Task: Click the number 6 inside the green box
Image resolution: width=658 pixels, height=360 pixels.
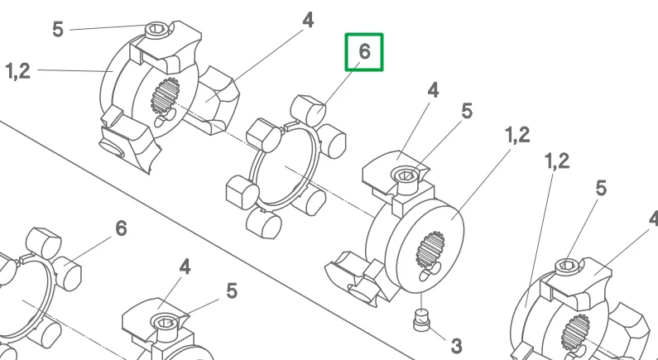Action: point(365,51)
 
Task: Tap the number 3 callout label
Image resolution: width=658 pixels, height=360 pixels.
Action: point(457,346)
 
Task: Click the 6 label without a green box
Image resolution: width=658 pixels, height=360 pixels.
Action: point(121,228)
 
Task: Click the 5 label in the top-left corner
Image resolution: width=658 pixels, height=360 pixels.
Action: point(58,29)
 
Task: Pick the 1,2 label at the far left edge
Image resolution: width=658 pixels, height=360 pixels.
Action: point(18,71)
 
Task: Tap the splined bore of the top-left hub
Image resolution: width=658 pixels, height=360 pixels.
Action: point(165,96)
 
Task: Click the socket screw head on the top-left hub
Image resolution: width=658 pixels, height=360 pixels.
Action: point(157,29)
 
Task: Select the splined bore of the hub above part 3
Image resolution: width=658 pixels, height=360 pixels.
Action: point(430,250)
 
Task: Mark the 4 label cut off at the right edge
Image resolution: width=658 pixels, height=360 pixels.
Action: point(653,219)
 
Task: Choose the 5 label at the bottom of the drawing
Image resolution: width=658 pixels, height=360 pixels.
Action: point(232,291)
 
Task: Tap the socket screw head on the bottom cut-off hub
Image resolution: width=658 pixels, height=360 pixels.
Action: point(166,323)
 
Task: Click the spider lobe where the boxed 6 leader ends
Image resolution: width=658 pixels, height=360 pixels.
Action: point(309,110)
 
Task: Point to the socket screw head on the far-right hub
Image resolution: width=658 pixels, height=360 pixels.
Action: point(567,266)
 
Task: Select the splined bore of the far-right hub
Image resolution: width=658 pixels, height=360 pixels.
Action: point(575,333)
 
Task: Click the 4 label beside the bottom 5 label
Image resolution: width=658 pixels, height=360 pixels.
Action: point(185,266)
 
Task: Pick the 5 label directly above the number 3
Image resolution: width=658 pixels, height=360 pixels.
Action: point(467,111)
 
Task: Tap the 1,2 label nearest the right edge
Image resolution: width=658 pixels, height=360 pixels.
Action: point(556,161)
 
